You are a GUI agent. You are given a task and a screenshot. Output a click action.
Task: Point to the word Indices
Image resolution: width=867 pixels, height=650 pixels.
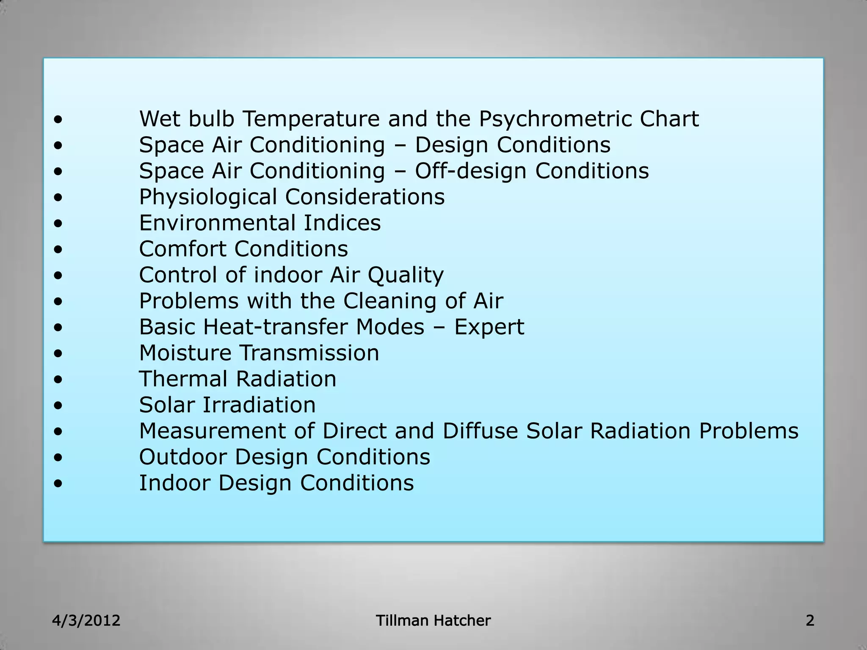point(342,223)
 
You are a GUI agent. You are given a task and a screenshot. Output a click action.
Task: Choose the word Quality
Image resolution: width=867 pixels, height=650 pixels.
point(405,275)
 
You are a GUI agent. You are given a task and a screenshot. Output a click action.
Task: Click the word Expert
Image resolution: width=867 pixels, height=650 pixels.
point(489,327)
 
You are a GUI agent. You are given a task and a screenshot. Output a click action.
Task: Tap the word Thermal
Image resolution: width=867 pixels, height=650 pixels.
point(183,379)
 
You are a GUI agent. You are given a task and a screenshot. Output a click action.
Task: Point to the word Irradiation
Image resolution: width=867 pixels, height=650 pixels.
point(259,405)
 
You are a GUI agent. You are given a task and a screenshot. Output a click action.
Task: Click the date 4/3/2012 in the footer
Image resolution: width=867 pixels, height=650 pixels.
point(86,621)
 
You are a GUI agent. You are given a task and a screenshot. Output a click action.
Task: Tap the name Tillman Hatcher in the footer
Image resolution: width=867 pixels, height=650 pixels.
point(433,621)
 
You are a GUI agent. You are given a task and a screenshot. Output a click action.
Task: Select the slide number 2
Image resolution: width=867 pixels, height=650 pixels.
point(810,621)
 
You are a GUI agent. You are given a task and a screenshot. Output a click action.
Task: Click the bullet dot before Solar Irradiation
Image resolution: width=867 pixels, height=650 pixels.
point(58,406)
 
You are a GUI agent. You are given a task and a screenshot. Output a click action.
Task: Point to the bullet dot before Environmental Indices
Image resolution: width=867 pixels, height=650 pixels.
point(58,224)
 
